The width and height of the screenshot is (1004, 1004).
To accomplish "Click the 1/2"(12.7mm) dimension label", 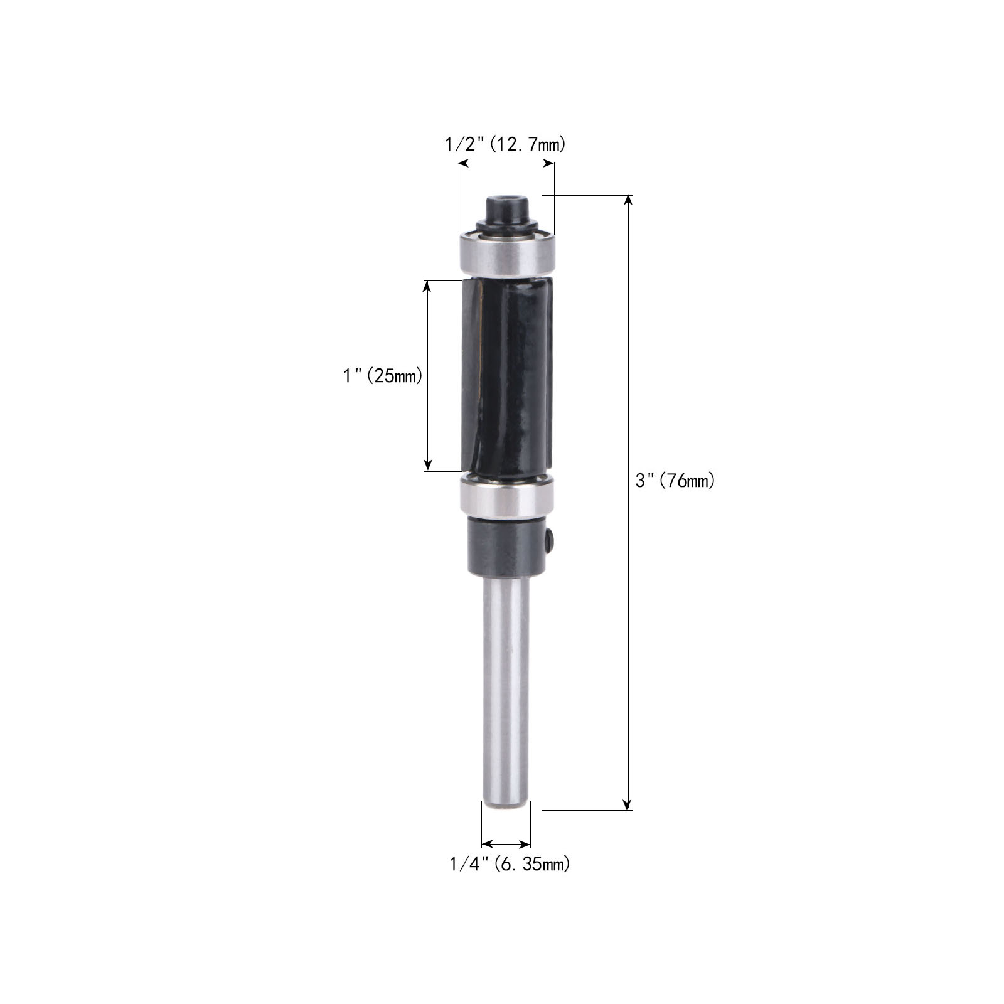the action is tap(505, 145).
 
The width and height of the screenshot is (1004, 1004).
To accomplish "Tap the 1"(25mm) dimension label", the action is tap(383, 376).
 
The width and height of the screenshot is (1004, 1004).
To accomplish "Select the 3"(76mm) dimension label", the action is tap(675, 481).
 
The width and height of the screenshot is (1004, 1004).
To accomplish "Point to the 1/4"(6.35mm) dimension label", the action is tap(510, 864).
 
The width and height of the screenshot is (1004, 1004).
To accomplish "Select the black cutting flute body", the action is tap(507, 376).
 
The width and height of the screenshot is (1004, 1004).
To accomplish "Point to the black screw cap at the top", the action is tap(506, 211).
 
